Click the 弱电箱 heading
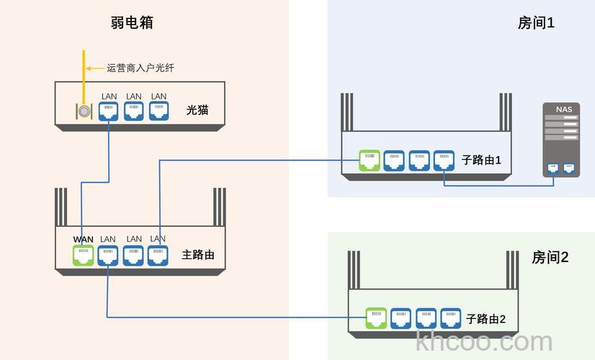[131, 22]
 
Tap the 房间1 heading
[536, 23]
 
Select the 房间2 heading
[550, 257]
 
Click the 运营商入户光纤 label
[140, 68]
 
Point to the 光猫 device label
[197, 110]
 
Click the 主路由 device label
[198, 255]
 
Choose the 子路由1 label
[481, 160]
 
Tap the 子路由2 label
[486, 318]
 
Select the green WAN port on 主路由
[84, 255]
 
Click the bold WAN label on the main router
[84, 239]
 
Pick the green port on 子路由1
[369, 160]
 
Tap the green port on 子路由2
[376, 318]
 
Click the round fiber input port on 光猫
[84, 112]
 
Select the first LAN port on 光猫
[109, 111]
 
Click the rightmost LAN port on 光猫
[158, 111]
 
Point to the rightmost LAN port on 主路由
[158, 255]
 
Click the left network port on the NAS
[553, 168]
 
